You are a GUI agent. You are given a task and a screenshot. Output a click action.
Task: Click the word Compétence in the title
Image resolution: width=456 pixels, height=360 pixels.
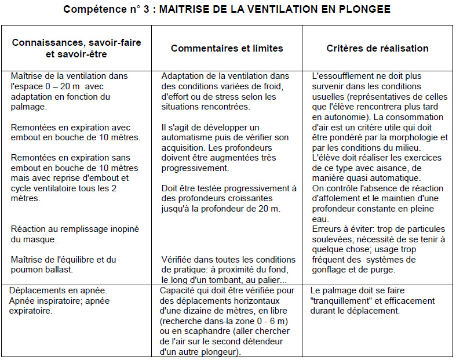click(x=90, y=9)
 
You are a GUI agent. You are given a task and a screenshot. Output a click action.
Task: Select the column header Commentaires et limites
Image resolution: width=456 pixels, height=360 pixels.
click(x=227, y=48)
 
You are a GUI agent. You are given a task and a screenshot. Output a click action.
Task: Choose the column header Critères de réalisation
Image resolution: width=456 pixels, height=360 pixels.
click(x=377, y=48)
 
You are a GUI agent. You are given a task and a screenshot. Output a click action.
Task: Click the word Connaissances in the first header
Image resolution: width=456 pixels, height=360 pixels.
click(x=44, y=43)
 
